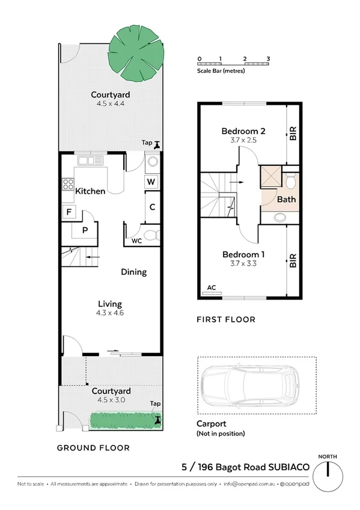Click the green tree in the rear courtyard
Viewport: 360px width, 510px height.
point(140,53)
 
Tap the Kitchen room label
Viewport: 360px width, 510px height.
point(90,191)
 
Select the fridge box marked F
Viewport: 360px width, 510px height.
point(69,212)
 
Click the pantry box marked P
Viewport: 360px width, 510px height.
point(85,229)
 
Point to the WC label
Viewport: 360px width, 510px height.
point(137,242)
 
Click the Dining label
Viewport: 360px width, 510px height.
point(133,272)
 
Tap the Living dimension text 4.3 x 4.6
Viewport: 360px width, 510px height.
point(110,313)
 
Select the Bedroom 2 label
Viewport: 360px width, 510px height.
point(243,131)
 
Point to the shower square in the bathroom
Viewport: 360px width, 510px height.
point(270,178)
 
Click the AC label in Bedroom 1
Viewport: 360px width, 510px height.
point(210,288)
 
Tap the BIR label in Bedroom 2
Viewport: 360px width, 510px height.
point(293,134)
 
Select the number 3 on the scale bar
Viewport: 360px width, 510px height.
point(269,58)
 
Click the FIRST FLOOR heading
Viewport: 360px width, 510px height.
point(226,319)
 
